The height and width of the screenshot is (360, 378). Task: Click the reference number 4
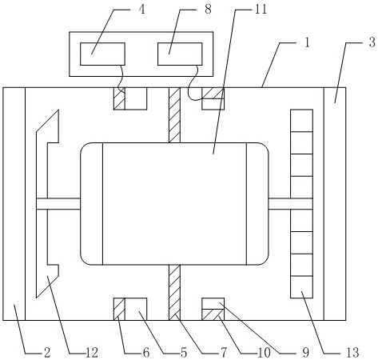tap(142, 10)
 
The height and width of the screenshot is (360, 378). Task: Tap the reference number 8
tap(208, 10)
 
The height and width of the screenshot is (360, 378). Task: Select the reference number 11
tap(261, 10)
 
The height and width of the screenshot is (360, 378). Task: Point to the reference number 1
tap(307, 42)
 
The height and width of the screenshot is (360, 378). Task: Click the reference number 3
tap(372, 42)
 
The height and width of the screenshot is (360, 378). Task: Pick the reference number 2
tap(47, 353)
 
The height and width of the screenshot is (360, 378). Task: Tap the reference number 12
tap(92, 353)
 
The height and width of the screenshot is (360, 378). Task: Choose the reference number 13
tap(353, 353)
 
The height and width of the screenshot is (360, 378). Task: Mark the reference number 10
tap(265, 353)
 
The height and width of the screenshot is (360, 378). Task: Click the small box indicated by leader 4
tap(102, 54)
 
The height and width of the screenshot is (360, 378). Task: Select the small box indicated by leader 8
tap(180, 54)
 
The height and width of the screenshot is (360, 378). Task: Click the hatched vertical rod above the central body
tap(174, 115)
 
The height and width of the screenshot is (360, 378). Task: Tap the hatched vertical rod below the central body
tap(174, 293)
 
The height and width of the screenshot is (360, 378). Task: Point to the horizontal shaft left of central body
tap(58, 204)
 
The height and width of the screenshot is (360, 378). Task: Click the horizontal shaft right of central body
tap(290, 204)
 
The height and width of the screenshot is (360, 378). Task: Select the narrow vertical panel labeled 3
tap(335, 204)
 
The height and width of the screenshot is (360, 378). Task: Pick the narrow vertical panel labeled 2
tap(14, 204)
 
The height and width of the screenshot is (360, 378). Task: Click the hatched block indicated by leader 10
tap(213, 314)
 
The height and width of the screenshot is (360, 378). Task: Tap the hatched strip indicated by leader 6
tap(119, 309)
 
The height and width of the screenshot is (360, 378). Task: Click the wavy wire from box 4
tap(121, 78)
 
